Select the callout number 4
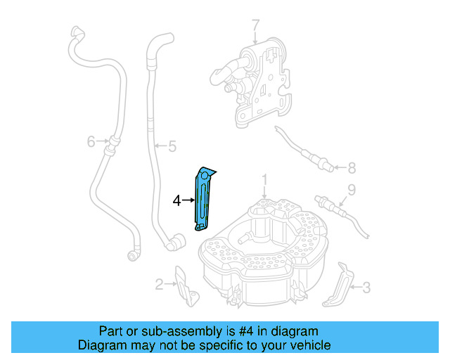tap(176, 200)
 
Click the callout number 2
tap(160, 284)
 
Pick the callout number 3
tap(366, 287)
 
